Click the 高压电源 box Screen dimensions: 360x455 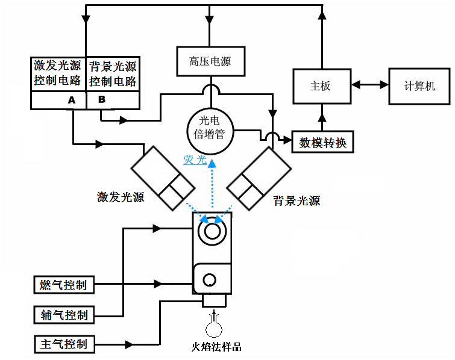(x=209, y=61)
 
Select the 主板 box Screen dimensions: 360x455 (x=320, y=86)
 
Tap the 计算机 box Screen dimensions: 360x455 (x=419, y=86)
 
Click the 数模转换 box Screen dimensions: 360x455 (x=322, y=143)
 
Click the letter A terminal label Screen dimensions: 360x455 (x=72, y=100)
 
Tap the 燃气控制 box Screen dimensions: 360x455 (x=63, y=284)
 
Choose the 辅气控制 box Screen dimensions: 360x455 (x=64, y=315)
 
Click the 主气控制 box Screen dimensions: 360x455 (x=64, y=344)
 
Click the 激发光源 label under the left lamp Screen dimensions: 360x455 (x=121, y=197)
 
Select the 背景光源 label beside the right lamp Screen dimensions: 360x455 (x=297, y=200)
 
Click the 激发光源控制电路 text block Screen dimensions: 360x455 (x=58, y=73)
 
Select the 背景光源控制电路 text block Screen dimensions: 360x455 (x=113, y=73)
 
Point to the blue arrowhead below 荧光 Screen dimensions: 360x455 (x=212, y=161)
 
